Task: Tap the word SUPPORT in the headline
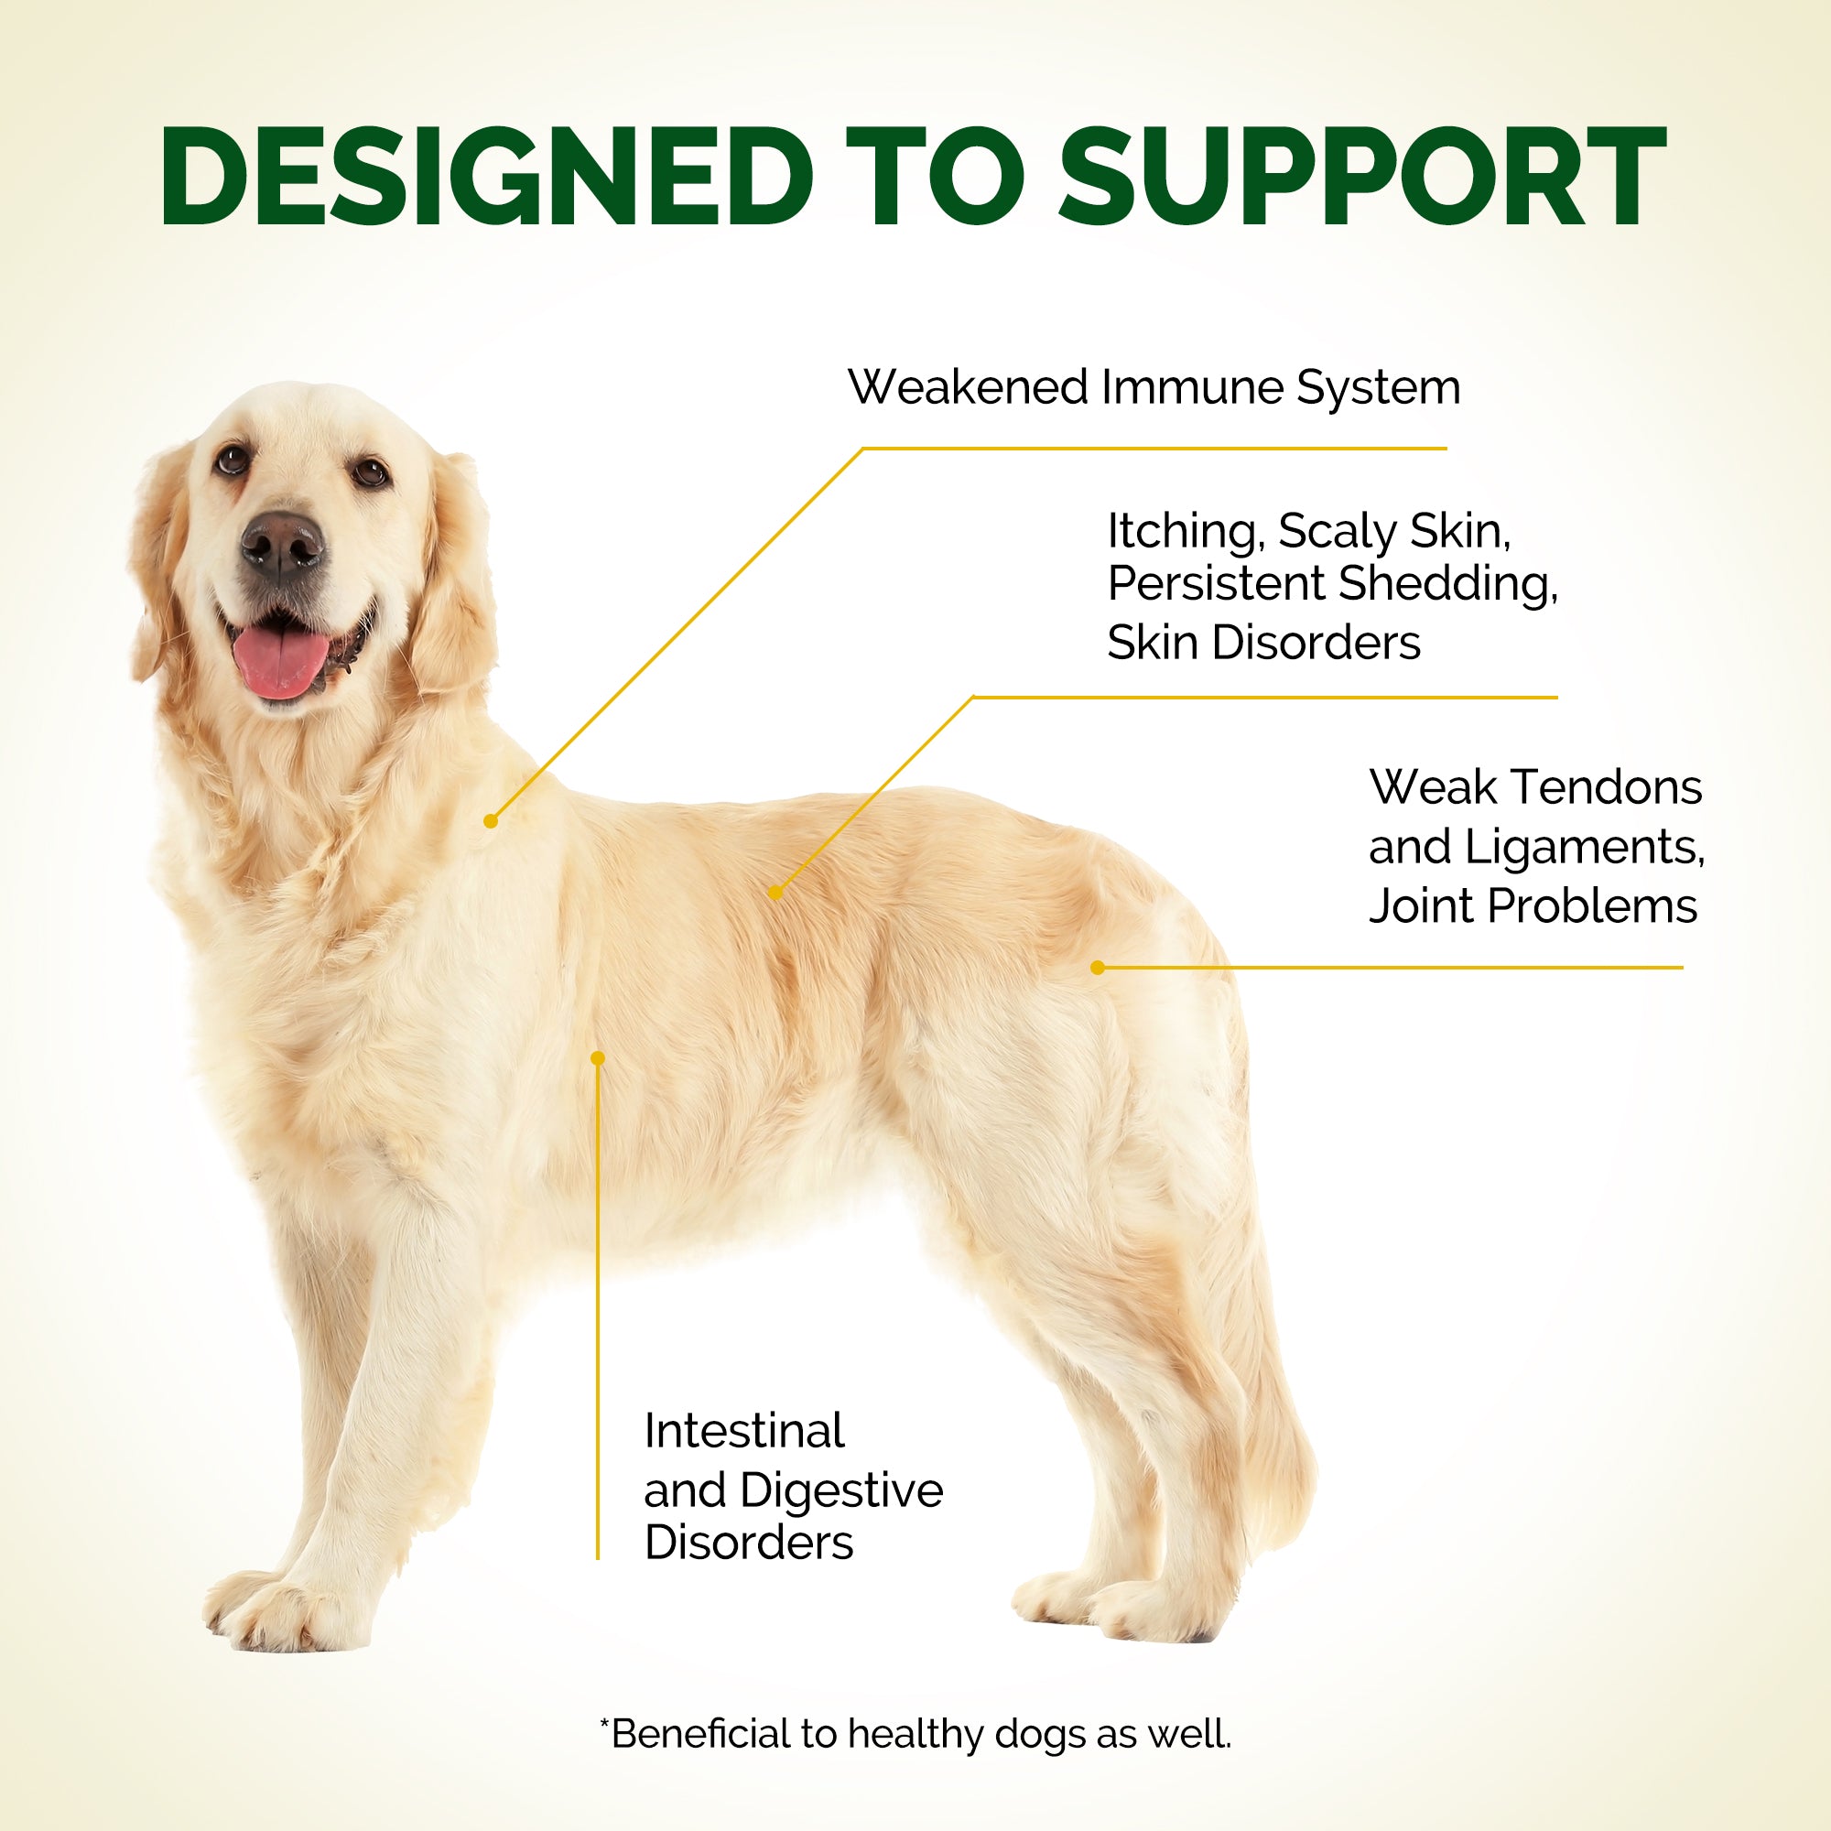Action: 1362,177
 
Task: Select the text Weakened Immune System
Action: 1154,388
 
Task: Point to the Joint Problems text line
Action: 1533,906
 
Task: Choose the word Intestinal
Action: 744,1430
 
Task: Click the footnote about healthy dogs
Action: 915,1733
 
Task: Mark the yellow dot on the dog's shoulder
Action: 491,820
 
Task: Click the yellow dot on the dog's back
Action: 776,892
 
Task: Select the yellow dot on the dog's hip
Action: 1098,968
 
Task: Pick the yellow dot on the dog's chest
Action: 597,1057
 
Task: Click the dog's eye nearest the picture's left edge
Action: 232,460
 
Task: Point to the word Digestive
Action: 840,1490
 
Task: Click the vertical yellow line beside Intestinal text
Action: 598,1309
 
